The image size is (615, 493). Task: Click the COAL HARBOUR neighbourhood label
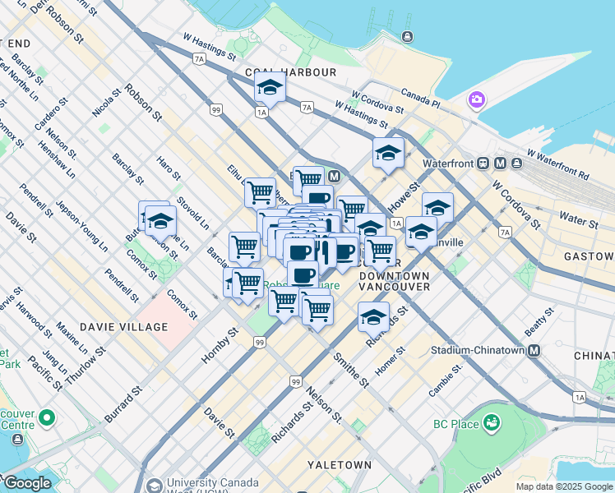point(290,72)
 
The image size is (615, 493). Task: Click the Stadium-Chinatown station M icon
point(534,351)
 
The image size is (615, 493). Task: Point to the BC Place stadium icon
point(492,423)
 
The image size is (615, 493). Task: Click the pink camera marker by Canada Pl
point(475,100)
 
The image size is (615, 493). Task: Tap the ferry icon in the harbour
point(407,36)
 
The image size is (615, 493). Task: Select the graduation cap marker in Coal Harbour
point(269,87)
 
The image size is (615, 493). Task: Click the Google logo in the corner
point(27,482)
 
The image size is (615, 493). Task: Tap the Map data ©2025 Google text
point(564,486)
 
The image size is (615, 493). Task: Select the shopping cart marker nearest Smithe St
point(317,311)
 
